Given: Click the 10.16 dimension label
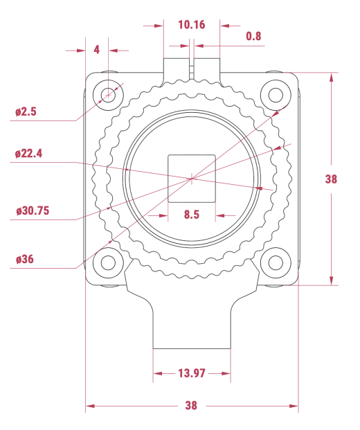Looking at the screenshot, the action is click(x=192, y=25).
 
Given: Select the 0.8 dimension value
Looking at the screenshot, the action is click(x=253, y=36).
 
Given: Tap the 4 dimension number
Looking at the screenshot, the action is click(x=96, y=50).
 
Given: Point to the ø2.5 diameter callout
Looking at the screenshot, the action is click(x=26, y=111).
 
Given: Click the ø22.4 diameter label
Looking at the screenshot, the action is click(x=29, y=153).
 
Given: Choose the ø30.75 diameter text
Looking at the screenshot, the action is click(x=33, y=211).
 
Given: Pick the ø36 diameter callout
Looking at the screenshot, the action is click(x=25, y=259).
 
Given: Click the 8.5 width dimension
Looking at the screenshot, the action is click(x=192, y=215).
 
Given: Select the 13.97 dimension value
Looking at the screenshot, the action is click(x=192, y=373).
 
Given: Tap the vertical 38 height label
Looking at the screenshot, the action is click(x=331, y=179).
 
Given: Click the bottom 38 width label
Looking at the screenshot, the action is click(x=191, y=405).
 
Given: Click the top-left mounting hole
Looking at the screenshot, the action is click(x=108, y=95).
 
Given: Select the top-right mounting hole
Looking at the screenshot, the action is click(x=276, y=95).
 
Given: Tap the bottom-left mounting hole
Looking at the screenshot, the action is click(x=108, y=262).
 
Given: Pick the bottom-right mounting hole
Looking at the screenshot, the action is click(x=276, y=262).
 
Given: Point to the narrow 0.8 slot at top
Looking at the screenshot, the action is click(x=192, y=69).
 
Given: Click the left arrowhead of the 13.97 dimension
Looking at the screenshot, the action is click(x=157, y=373).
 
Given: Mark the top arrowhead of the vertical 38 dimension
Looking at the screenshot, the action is click(x=331, y=77).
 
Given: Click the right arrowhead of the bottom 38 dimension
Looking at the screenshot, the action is click(x=294, y=406).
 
